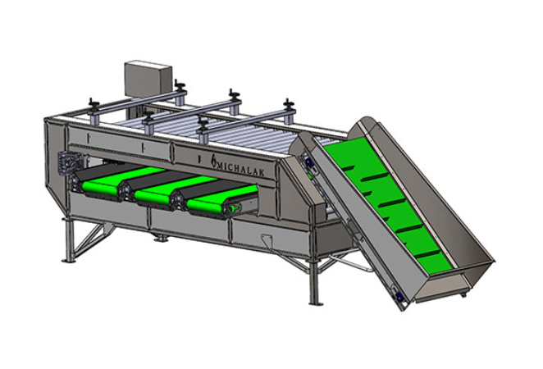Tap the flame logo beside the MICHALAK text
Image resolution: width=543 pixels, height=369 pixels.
[213, 160]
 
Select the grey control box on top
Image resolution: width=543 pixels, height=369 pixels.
[148, 80]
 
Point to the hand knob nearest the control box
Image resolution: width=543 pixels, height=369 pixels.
[180, 85]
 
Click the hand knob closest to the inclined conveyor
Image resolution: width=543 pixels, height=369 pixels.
[288, 104]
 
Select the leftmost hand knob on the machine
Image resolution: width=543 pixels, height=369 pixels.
[94, 103]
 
